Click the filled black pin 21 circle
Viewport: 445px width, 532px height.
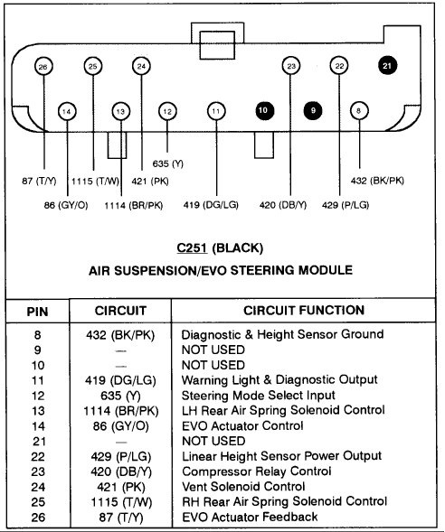pos(387,65)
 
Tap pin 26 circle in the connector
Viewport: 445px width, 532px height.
pos(43,67)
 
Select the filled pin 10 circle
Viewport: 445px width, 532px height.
pos(264,110)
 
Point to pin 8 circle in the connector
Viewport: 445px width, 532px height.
pos(359,110)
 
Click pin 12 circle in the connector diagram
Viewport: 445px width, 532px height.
pos(167,111)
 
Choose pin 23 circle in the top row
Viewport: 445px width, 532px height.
pos(291,66)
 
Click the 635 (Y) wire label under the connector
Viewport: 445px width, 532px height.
pos(168,163)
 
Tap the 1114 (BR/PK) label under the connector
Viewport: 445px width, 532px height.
pos(134,205)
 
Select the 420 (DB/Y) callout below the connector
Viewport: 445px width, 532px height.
pos(283,205)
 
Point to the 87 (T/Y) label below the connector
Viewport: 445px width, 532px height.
pos(39,181)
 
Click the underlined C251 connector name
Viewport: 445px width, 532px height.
pos(192,248)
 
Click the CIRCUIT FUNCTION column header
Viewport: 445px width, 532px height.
pos(304,310)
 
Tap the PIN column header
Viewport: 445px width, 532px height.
pos(37,312)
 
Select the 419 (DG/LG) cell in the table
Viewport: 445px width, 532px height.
pos(120,380)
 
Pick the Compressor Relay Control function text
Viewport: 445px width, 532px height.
pos(257,471)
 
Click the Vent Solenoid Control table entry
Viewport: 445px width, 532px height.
pos(243,487)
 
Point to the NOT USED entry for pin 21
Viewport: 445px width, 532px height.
pos(213,441)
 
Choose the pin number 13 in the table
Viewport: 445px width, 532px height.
pos(38,411)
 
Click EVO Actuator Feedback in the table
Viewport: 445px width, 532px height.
pos(250,517)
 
